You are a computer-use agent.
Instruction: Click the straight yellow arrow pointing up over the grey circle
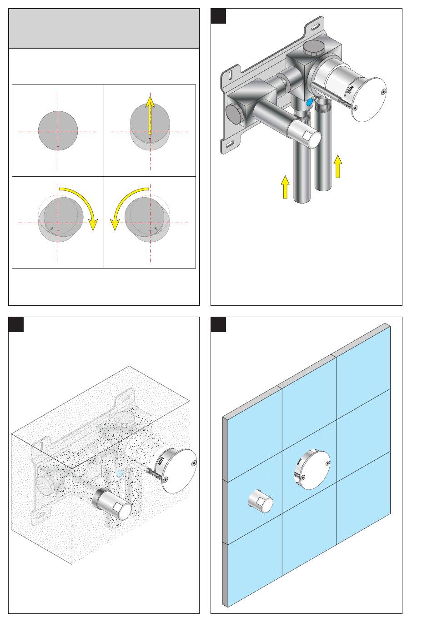(x=150, y=115)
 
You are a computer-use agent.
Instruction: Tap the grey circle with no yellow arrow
(x=58, y=131)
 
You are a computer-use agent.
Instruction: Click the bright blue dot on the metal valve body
(x=309, y=103)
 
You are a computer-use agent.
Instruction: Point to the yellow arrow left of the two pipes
(x=285, y=187)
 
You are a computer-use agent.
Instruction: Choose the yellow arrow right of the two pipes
(x=338, y=166)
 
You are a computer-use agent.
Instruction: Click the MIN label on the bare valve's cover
(x=350, y=89)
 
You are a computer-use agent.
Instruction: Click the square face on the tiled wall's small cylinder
(x=261, y=501)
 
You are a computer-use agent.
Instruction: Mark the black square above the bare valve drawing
(x=218, y=16)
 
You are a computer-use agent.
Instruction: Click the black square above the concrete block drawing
(x=16, y=324)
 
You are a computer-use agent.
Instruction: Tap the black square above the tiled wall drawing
(x=218, y=324)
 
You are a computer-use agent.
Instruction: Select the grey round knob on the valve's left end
(x=234, y=114)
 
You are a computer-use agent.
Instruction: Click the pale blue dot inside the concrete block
(x=120, y=473)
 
